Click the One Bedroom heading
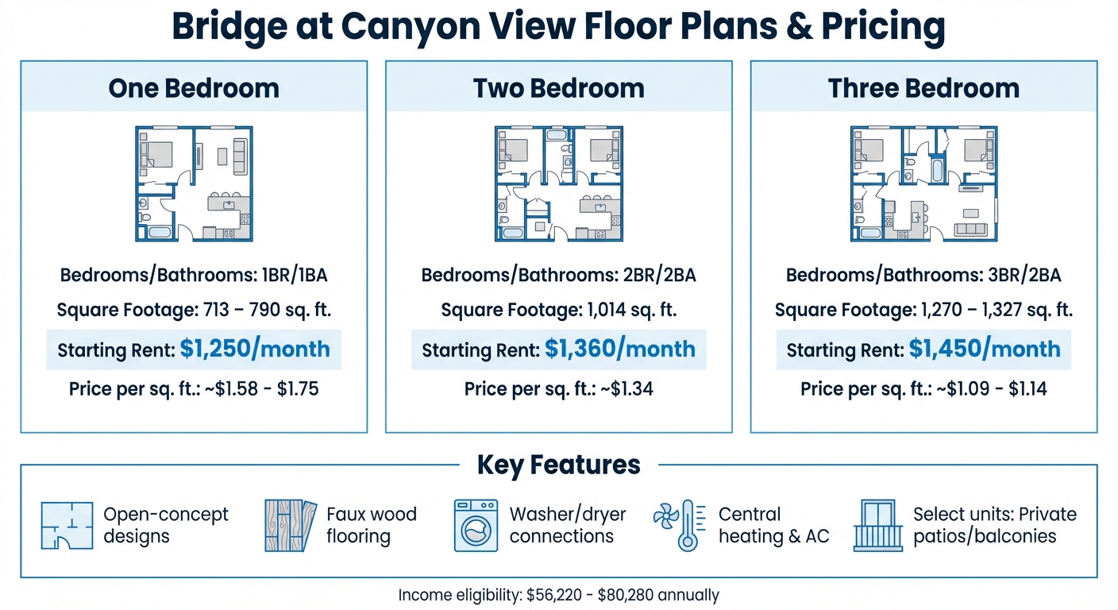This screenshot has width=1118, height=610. coord(194,87)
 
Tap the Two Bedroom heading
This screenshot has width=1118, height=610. coord(558,87)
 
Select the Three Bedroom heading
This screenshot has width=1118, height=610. coord(923,87)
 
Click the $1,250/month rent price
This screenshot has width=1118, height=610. coord(254,349)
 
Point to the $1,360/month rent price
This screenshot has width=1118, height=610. coord(619,349)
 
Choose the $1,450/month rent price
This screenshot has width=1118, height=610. coord(985,349)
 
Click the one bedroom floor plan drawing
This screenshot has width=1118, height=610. coord(194,183)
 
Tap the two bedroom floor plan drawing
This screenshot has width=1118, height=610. coord(558,183)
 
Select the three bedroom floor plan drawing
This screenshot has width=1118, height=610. coord(923,183)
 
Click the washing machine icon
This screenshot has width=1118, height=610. coord(476,525)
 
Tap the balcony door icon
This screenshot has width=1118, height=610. coord(877,525)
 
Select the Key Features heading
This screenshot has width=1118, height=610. coord(558,465)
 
